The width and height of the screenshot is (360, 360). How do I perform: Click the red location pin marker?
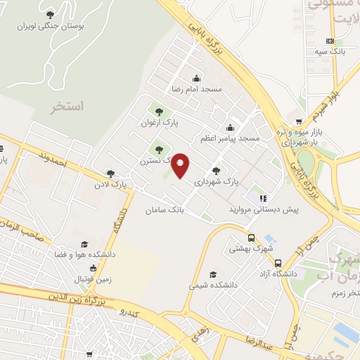181,165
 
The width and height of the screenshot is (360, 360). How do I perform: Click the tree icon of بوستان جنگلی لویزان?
49,14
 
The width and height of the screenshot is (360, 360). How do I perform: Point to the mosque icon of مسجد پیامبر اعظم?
230,127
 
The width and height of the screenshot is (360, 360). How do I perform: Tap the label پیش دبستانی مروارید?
257,210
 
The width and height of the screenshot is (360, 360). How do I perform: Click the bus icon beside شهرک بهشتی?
252,238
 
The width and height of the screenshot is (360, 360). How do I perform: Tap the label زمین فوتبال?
94,278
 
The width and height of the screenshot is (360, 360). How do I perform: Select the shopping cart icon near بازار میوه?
300,121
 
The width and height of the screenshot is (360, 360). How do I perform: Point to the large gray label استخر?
67,106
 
